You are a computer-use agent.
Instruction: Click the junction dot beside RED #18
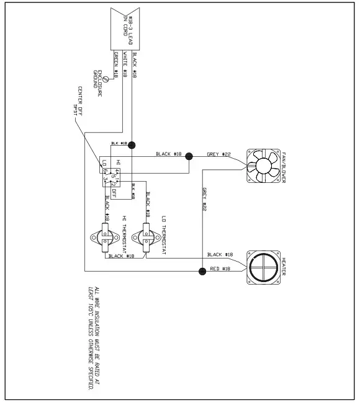pos(202,271)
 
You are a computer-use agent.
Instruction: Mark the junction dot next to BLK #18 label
pos(132,144)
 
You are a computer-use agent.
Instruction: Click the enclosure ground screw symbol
pos(107,79)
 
